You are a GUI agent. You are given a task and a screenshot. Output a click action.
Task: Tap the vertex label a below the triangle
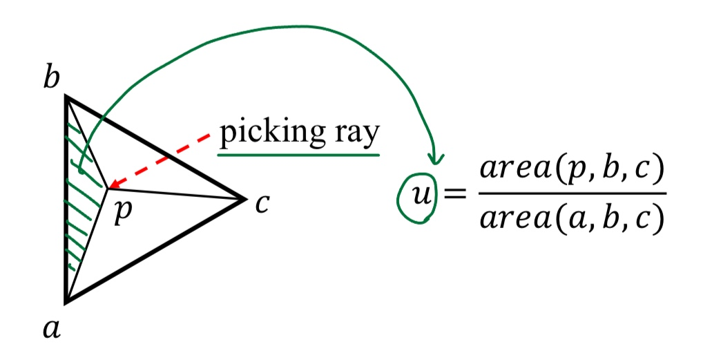tap(51, 330)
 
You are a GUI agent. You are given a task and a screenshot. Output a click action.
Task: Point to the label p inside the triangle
tap(121, 211)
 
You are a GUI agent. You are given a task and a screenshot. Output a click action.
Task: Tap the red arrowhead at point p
tap(110, 186)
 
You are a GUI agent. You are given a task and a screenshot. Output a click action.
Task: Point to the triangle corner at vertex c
tap(245, 200)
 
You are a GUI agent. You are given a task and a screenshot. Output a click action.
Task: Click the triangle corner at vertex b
tap(66, 97)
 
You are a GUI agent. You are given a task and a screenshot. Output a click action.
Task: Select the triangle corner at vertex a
tap(66, 301)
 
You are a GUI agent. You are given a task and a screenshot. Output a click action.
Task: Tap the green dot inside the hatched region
tap(81, 170)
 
